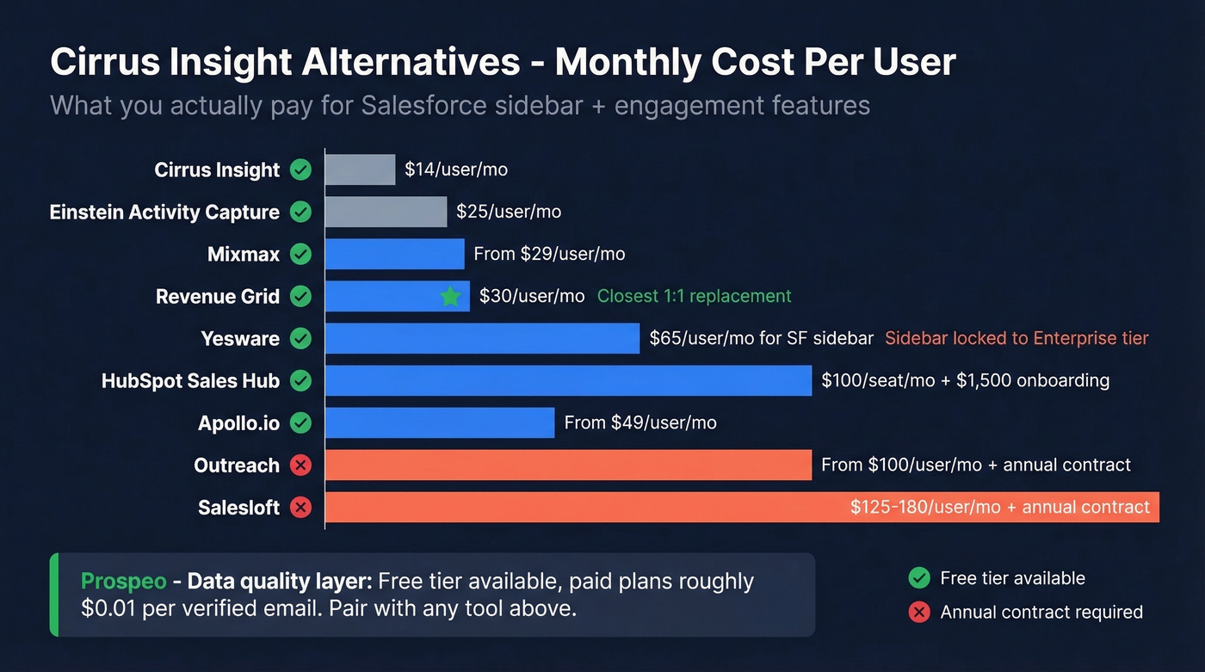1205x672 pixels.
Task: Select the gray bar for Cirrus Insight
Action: point(360,170)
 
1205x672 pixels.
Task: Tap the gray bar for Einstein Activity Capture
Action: point(386,212)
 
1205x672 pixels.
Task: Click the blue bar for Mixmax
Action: point(394,254)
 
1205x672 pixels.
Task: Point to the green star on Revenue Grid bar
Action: point(450,297)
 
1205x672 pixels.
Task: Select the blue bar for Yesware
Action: point(482,338)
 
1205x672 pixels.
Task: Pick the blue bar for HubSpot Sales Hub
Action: point(568,380)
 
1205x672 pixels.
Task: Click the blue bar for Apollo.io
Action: point(439,422)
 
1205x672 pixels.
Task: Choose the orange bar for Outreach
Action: point(568,465)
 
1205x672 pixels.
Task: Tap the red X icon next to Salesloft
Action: point(300,508)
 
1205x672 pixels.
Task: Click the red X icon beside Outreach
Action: point(300,465)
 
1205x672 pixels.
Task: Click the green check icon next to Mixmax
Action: point(300,254)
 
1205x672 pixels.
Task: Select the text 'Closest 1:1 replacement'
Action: point(694,296)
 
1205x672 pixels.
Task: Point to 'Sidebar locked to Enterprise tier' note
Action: point(1017,338)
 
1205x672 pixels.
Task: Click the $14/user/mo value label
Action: point(456,170)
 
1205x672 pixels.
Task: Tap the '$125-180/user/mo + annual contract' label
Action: point(999,508)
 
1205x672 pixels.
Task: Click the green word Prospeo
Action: point(123,582)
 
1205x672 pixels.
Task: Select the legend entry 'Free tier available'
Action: point(1012,578)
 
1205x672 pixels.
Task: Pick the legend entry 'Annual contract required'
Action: point(1041,612)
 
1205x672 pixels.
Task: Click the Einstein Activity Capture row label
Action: point(164,212)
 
